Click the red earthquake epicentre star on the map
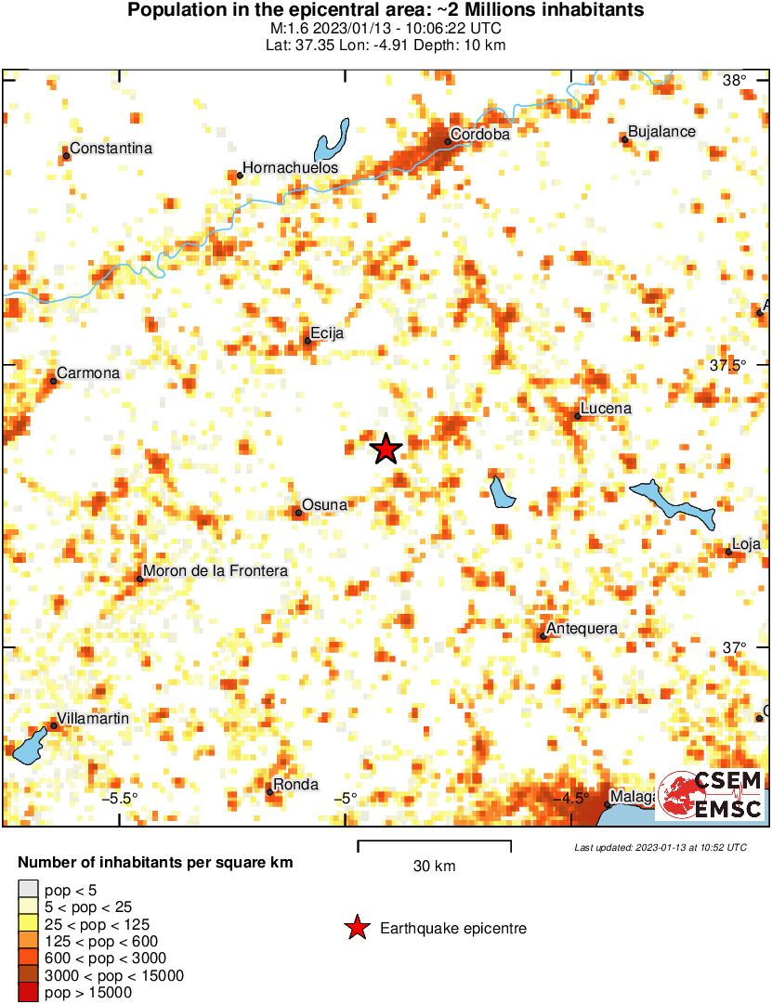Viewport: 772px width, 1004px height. tap(386, 450)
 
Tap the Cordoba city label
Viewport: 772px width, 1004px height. tap(479, 135)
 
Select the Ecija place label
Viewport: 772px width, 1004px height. tap(329, 333)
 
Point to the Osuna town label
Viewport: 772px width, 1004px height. tap(324, 505)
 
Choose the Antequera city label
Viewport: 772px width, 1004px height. tap(582, 629)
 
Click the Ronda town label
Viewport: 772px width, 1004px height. tap(295, 785)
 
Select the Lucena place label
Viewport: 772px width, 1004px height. tap(605, 409)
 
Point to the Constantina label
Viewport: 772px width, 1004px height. tap(111, 149)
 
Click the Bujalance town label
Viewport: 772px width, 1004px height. tap(661, 132)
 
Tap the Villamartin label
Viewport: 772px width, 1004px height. tap(93, 719)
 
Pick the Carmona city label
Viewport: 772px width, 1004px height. tap(88, 373)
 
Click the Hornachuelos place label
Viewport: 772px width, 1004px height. tap(290, 168)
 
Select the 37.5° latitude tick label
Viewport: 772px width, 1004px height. tap(728, 365)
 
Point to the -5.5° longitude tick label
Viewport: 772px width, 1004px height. tap(120, 798)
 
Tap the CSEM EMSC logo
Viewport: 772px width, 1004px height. tap(711, 795)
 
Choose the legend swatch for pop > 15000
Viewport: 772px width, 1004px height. tap(29, 993)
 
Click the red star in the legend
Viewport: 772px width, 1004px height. tap(355, 928)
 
